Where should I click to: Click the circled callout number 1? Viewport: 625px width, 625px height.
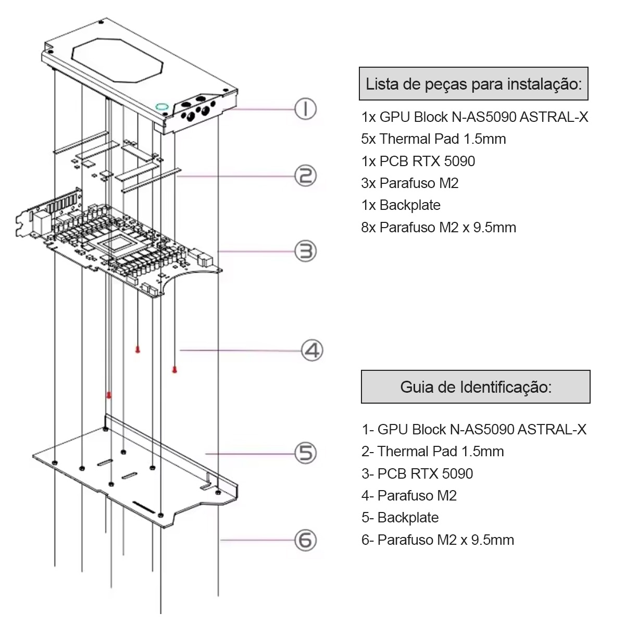pyautogui.click(x=306, y=109)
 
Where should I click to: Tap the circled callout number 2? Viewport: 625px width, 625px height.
pyautogui.click(x=306, y=176)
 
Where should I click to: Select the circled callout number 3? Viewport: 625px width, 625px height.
pyautogui.click(x=306, y=252)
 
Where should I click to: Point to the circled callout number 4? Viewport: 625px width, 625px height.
pyautogui.click(x=312, y=350)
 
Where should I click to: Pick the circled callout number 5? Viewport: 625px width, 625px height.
pyautogui.click(x=306, y=453)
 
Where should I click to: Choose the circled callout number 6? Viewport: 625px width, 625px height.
pyautogui.click(x=306, y=540)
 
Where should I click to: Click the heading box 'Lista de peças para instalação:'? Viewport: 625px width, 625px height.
pyautogui.click(x=473, y=84)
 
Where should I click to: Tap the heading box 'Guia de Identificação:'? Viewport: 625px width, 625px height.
pyautogui.click(x=476, y=387)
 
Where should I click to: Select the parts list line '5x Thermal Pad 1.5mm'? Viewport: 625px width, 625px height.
pyautogui.click(x=433, y=139)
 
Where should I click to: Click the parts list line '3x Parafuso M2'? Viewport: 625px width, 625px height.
pyautogui.click(x=410, y=183)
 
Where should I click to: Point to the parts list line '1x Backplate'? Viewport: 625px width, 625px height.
pyautogui.click(x=401, y=205)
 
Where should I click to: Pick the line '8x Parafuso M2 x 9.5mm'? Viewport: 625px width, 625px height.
pyautogui.click(x=439, y=228)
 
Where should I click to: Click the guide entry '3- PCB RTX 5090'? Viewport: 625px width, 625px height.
pyautogui.click(x=417, y=474)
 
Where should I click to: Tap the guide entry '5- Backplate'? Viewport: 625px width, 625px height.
pyautogui.click(x=400, y=518)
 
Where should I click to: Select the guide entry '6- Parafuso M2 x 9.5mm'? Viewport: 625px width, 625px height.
pyautogui.click(x=438, y=540)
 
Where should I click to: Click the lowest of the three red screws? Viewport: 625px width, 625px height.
pyautogui.click(x=109, y=395)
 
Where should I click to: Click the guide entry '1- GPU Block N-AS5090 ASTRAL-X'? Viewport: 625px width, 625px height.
pyautogui.click(x=474, y=430)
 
